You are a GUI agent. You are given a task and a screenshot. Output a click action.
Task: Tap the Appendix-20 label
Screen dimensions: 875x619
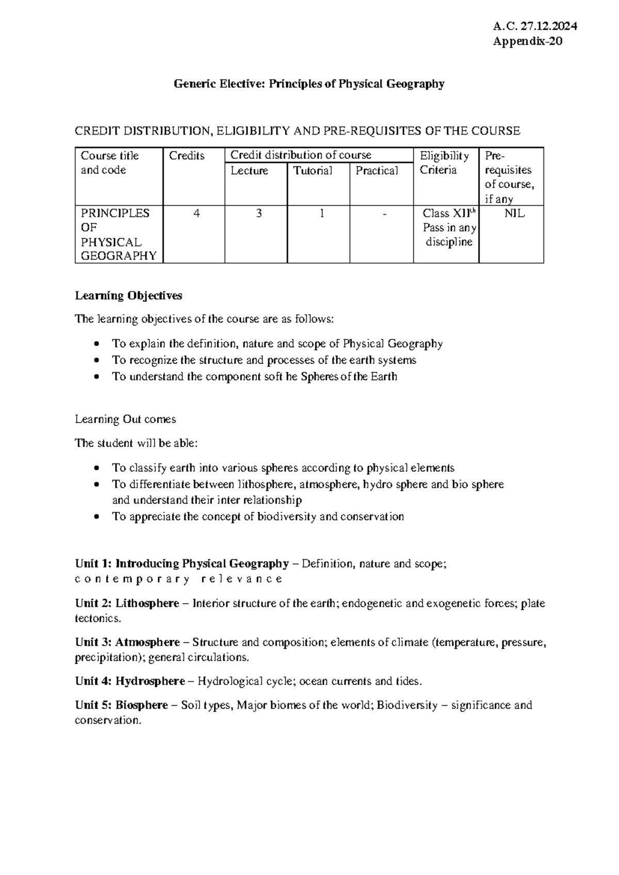tap(527, 42)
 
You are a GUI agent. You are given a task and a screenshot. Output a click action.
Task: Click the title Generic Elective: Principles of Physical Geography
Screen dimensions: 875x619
tap(309, 84)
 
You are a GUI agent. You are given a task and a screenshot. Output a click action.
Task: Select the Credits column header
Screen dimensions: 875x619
tap(187, 156)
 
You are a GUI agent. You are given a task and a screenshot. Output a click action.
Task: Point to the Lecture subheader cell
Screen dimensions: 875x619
tap(250, 171)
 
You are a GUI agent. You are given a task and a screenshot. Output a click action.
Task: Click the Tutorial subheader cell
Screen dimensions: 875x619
tap(313, 171)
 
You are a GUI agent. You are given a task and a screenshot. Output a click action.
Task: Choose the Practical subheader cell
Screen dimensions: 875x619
tap(377, 171)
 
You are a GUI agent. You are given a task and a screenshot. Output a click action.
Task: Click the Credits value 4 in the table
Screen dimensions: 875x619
tap(196, 213)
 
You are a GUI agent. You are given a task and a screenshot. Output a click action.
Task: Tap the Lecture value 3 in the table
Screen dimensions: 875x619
tap(259, 213)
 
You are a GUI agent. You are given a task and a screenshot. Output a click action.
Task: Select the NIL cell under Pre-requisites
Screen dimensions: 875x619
tap(514, 213)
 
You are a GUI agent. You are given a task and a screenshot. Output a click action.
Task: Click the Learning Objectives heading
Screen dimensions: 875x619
tap(128, 296)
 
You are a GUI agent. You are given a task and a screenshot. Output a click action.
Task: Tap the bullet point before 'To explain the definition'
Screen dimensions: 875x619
tap(97, 344)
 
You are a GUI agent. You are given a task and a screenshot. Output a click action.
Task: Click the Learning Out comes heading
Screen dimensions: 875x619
tap(125, 419)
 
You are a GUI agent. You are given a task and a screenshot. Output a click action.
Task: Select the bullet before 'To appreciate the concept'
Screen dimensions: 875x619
tap(97, 517)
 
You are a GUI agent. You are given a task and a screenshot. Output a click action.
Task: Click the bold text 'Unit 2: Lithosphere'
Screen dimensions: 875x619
tap(127, 603)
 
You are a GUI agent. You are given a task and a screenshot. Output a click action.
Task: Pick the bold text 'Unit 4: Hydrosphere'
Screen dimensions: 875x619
tap(129, 681)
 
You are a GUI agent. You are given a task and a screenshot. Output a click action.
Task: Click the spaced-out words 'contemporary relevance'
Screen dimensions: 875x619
tap(178, 579)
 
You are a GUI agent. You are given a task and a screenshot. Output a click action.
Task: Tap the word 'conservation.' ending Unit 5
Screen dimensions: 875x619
tap(108, 720)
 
